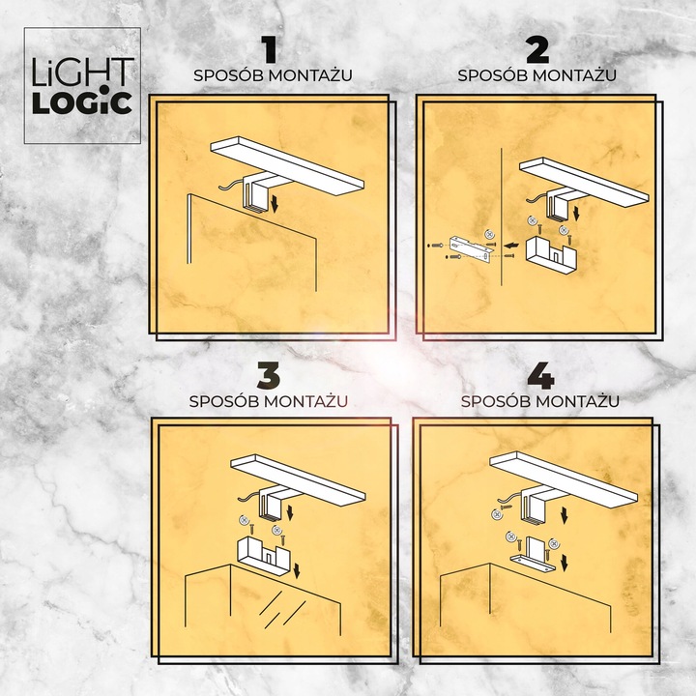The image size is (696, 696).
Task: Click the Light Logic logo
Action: click(x=82, y=85)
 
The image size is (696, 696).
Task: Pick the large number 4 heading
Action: click(x=539, y=375)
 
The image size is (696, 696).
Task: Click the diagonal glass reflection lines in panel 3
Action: click(x=280, y=607)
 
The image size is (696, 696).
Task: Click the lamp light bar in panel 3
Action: click(x=300, y=478)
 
